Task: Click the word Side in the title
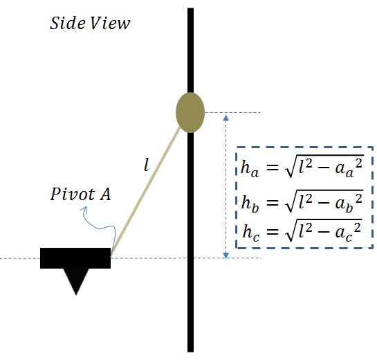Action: [67, 23]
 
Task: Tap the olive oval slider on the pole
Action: [190, 112]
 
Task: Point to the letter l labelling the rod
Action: [146, 165]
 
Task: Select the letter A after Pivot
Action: [106, 194]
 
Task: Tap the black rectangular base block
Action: [75, 258]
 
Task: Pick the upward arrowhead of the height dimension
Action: [226, 118]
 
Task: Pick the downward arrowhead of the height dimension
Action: [226, 255]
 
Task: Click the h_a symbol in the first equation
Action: [250, 168]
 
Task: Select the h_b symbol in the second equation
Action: [250, 204]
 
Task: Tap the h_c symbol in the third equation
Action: [251, 233]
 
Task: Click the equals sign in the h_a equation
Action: [272, 168]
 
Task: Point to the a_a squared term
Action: [349, 168]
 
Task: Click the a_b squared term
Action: [349, 203]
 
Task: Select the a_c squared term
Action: [348, 232]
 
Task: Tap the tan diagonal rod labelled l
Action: [146, 190]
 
